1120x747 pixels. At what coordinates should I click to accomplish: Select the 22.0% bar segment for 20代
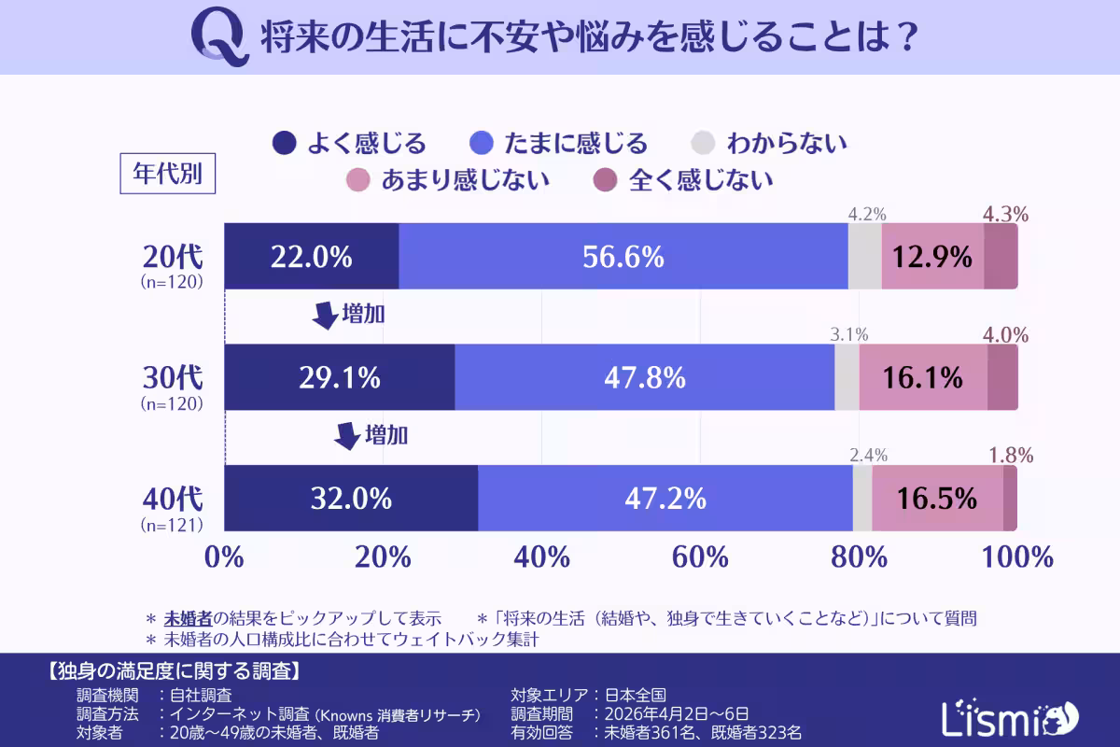(x=312, y=257)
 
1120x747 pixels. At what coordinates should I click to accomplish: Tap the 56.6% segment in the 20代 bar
(x=623, y=257)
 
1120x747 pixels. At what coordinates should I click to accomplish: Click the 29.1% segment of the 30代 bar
(x=340, y=377)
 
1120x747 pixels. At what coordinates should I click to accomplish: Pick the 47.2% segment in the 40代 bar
(x=665, y=499)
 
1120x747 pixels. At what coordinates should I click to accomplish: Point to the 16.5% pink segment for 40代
(x=937, y=499)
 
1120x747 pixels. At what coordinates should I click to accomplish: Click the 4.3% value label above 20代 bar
(x=1005, y=214)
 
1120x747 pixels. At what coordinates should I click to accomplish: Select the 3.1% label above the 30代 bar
(x=849, y=334)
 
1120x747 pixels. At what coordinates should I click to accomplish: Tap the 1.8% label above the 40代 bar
(x=1010, y=456)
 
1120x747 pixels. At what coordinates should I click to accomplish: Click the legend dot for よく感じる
(x=285, y=143)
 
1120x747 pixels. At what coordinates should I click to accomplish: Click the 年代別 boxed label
(x=168, y=175)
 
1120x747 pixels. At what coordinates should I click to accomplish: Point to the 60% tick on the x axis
(x=700, y=557)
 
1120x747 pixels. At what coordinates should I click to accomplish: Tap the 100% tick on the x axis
(x=1017, y=557)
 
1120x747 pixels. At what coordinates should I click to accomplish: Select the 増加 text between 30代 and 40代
(x=386, y=435)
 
